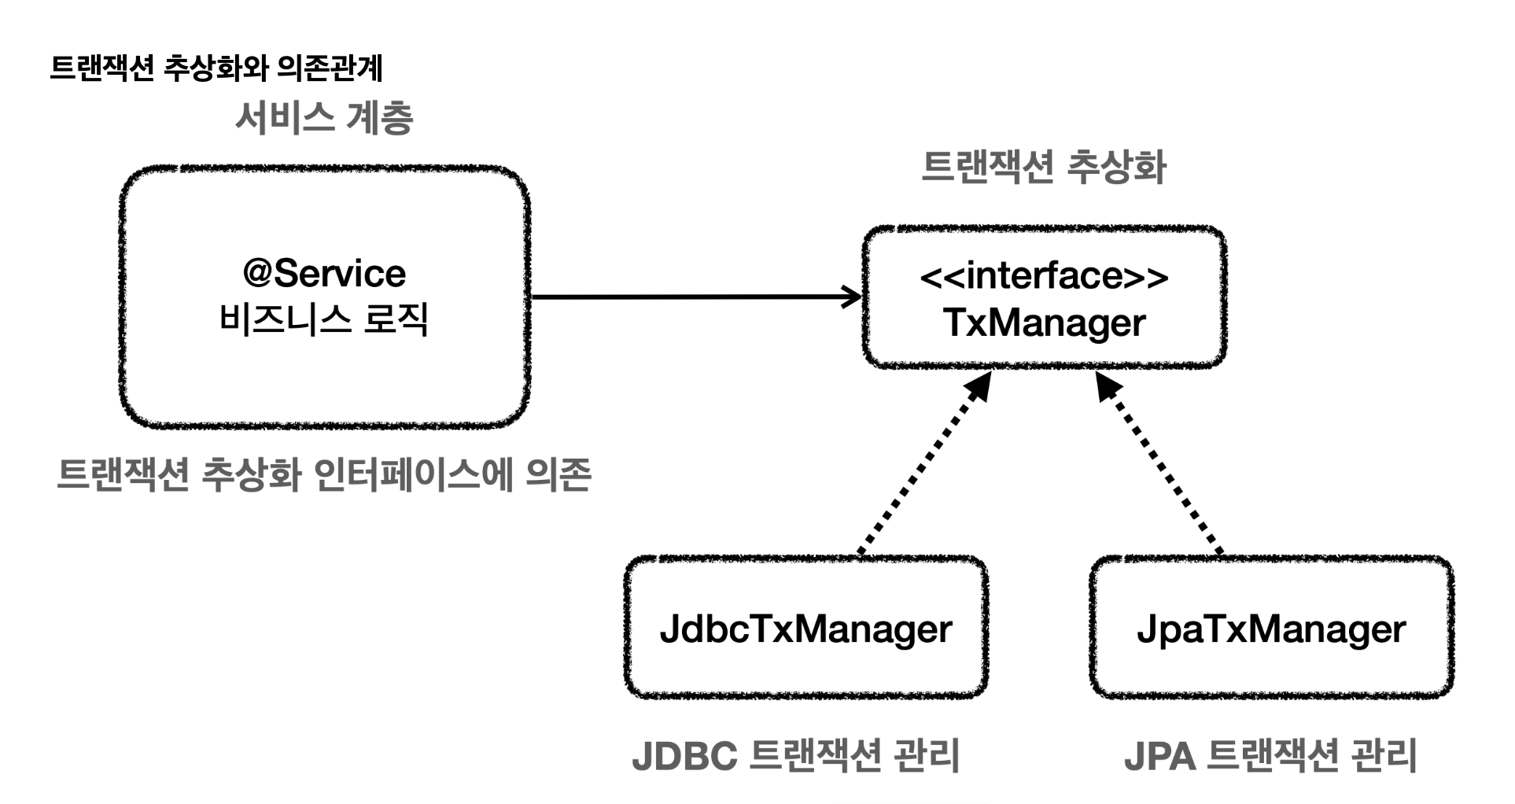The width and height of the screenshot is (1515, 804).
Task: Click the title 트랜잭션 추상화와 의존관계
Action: (216, 68)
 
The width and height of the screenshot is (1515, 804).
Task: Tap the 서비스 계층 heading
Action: (323, 119)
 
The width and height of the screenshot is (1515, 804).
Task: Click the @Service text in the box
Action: (324, 274)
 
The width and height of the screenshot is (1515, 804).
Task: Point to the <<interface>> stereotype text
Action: (1044, 276)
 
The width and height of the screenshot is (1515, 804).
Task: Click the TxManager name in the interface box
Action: (1044, 323)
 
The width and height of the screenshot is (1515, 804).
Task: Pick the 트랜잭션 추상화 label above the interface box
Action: (1043, 168)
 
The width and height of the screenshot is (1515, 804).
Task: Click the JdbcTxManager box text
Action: (805, 629)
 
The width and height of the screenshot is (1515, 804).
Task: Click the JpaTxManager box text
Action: (1271, 629)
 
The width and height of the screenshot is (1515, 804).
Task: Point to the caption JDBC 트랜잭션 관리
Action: (795, 756)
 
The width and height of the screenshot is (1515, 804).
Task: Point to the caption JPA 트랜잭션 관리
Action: (1270, 756)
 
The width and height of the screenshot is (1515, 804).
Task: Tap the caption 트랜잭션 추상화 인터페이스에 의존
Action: (324, 475)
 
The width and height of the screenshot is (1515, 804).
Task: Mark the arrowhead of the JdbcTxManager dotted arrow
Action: (980, 386)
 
